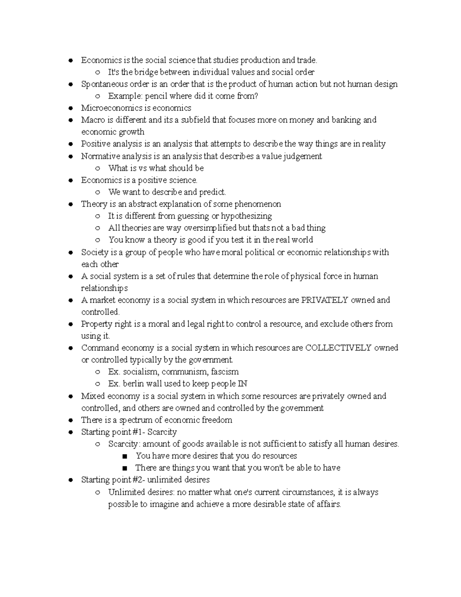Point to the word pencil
click(x=156, y=96)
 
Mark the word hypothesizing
click(x=246, y=216)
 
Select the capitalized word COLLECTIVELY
click(x=338, y=348)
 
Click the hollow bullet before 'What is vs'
click(x=98, y=168)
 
